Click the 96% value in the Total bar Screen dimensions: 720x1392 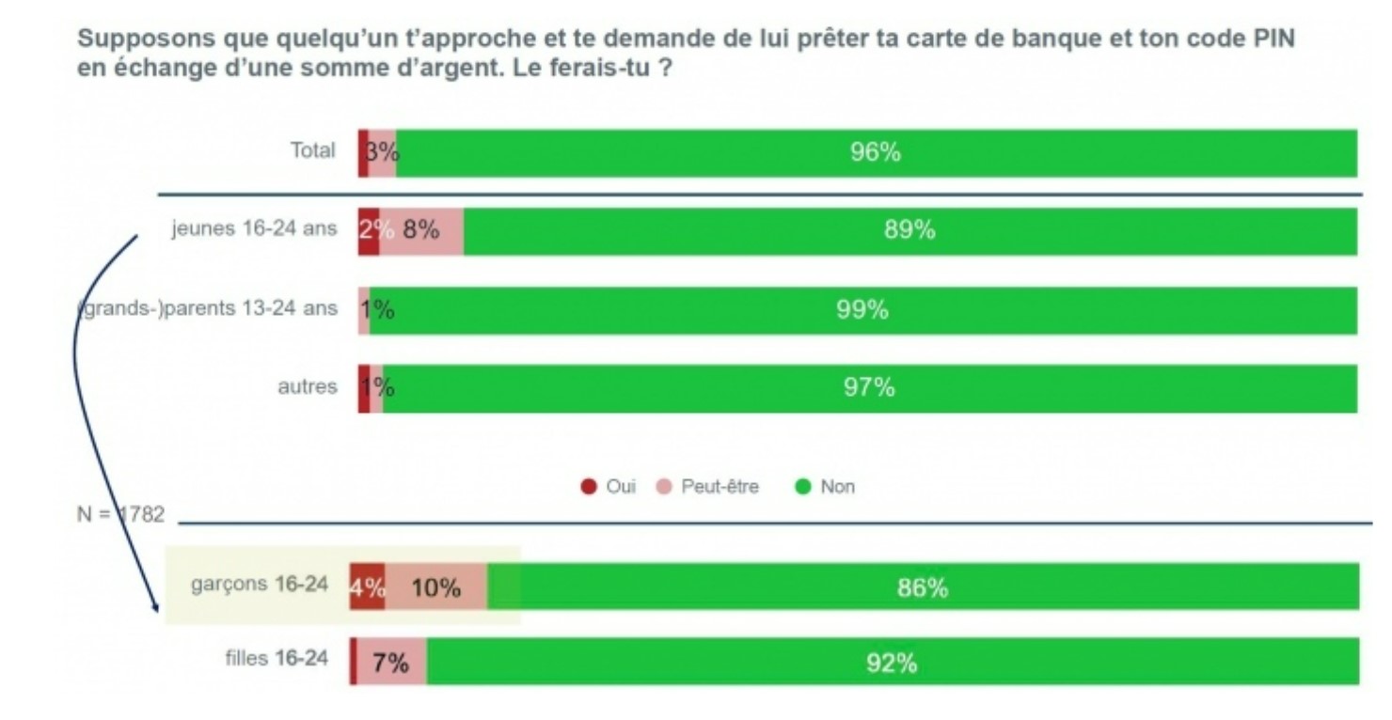pyautogui.click(x=875, y=153)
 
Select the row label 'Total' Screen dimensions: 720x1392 pyautogui.click(x=312, y=150)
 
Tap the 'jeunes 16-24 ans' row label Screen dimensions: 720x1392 pyautogui.click(x=253, y=229)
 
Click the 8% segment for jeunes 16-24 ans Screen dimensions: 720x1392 pyautogui.click(x=421, y=230)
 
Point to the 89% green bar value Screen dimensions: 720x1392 pyautogui.click(x=909, y=230)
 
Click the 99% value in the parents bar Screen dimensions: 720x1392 pyautogui.click(x=862, y=310)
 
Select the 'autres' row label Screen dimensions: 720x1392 pyautogui.click(x=307, y=387)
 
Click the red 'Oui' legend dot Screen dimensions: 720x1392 pyautogui.click(x=589, y=487)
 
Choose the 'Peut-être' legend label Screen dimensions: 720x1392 pyautogui.click(x=720, y=487)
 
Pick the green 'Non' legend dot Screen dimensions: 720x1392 pyautogui.click(x=803, y=487)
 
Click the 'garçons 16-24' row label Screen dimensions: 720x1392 pyautogui.click(x=260, y=585)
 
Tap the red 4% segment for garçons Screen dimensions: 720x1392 pyautogui.click(x=367, y=587)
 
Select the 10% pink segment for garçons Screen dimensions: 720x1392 pyautogui.click(x=435, y=587)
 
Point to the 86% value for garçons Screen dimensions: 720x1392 pyautogui.click(x=922, y=587)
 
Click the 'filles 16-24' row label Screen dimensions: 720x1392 pyautogui.click(x=277, y=658)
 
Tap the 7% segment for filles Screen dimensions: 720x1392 pyautogui.click(x=390, y=663)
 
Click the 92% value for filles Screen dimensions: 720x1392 pyautogui.click(x=891, y=663)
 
